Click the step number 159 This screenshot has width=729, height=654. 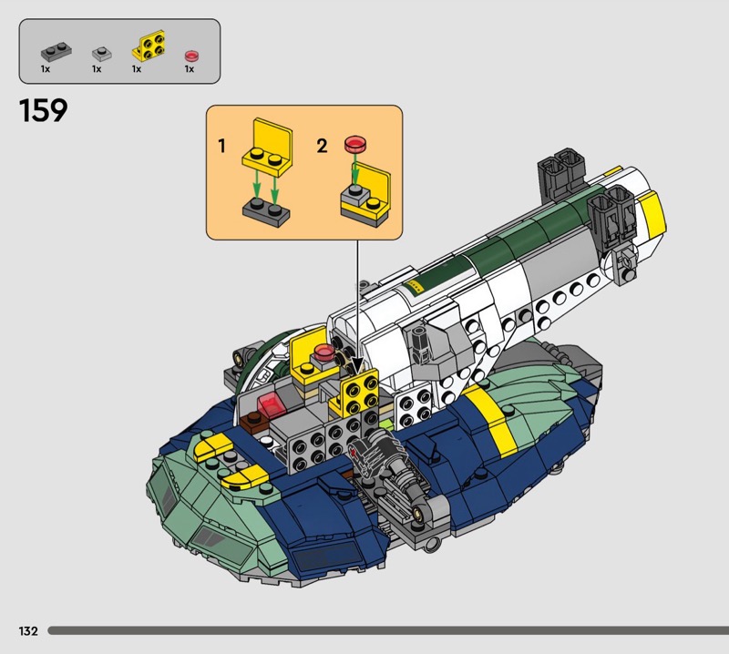point(43,110)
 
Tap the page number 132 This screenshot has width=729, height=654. point(28,630)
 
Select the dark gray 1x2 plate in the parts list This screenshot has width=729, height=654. point(56,52)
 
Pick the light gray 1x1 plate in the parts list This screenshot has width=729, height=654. point(102,54)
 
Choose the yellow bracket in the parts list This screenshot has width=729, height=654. point(149,46)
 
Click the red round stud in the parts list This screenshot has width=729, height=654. point(191,56)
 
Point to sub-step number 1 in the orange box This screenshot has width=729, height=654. point(221,146)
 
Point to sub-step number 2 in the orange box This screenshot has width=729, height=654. point(322,146)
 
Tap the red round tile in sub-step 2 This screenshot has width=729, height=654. point(355,144)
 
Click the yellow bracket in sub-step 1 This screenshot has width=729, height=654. point(268,147)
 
